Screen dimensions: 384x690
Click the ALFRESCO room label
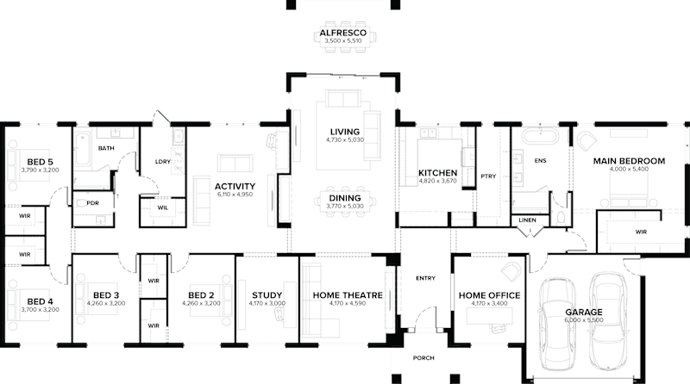pyautogui.click(x=343, y=33)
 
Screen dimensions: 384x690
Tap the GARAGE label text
pyautogui.click(x=584, y=312)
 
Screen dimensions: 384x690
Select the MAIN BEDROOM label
pyautogui.click(x=628, y=161)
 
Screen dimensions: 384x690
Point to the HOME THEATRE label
pyautogui.click(x=348, y=295)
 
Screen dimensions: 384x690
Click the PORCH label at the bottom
pyautogui.click(x=423, y=357)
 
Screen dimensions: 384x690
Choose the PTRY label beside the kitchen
pyautogui.click(x=486, y=176)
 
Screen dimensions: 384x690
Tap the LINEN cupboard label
pyautogui.click(x=527, y=220)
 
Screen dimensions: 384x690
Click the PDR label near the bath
pyautogui.click(x=92, y=203)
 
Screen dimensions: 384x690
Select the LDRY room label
pyautogui.click(x=161, y=162)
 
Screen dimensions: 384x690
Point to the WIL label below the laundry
pyautogui.click(x=162, y=207)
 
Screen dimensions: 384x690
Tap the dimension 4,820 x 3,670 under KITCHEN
pyautogui.click(x=436, y=182)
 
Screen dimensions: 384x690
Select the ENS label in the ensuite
pyautogui.click(x=541, y=161)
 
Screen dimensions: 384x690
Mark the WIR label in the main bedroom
pyautogui.click(x=641, y=231)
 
